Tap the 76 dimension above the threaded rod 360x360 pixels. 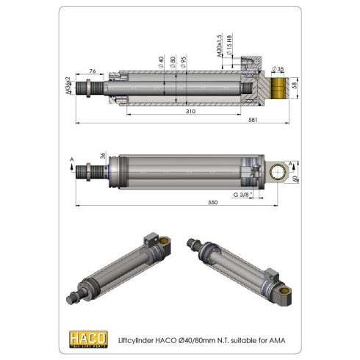(92, 71)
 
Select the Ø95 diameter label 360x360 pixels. (184, 64)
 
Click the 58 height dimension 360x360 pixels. (295, 86)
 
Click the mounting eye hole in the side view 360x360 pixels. (278, 173)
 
